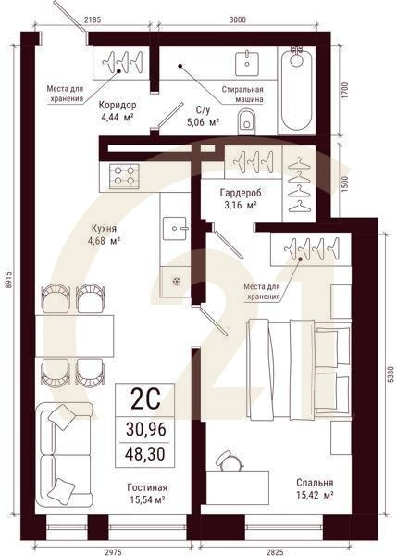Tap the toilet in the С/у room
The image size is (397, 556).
click(246, 120)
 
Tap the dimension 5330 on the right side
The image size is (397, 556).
click(389, 375)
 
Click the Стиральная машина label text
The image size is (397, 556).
click(242, 95)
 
